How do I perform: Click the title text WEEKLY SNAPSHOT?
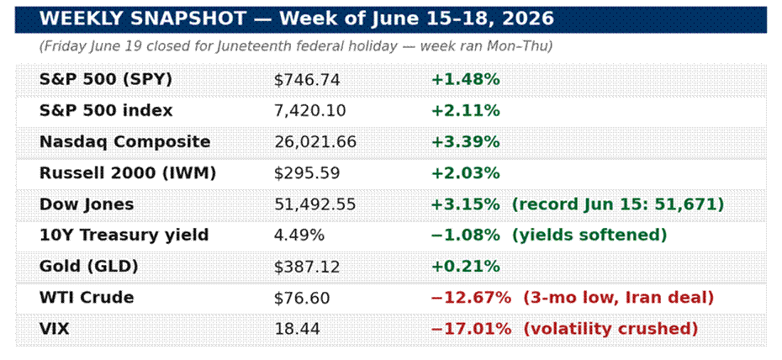coord(143,19)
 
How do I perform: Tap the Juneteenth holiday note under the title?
coord(296,46)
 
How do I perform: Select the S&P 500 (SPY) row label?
coord(106,80)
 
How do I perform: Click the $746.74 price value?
coord(307,80)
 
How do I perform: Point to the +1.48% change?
coord(465,80)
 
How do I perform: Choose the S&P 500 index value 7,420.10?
coord(309,111)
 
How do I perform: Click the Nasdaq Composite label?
coord(124,142)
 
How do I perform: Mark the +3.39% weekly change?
coord(465,142)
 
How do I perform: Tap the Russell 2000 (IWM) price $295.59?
coord(307,173)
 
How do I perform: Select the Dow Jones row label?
coord(87,204)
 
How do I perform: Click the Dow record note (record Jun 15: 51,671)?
coord(618,204)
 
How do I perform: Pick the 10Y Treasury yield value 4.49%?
coord(299,236)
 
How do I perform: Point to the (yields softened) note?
coord(589,236)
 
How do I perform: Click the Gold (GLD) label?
coord(89,267)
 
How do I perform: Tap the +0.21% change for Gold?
coord(465,267)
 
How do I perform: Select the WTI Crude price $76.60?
coord(302,298)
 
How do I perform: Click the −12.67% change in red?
coord(471,298)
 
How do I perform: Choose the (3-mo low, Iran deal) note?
coord(618,298)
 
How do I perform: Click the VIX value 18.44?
coord(297,329)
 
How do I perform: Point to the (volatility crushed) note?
coord(610,329)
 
